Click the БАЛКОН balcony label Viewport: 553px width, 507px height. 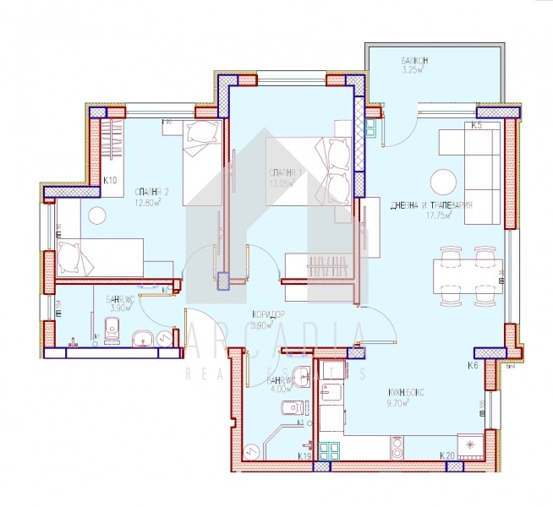pyautogui.click(x=419, y=62)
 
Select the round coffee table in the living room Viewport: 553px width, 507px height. pyautogui.click(x=442, y=182)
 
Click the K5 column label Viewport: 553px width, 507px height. pyautogui.click(x=477, y=126)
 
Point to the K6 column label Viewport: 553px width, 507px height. pyautogui.click(x=474, y=366)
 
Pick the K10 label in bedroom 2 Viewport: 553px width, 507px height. pyautogui.click(x=110, y=179)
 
